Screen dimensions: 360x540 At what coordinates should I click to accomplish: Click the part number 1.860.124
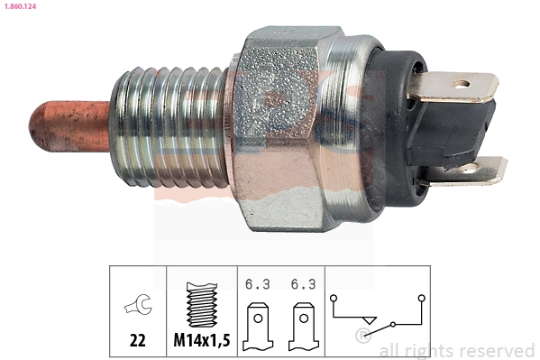[x=19, y=7]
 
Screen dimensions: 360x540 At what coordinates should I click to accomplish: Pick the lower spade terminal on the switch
[x=473, y=170]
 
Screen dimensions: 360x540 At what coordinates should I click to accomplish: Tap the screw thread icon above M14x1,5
[x=202, y=302]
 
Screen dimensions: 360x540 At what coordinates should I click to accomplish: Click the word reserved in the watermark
[x=498, y=350]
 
